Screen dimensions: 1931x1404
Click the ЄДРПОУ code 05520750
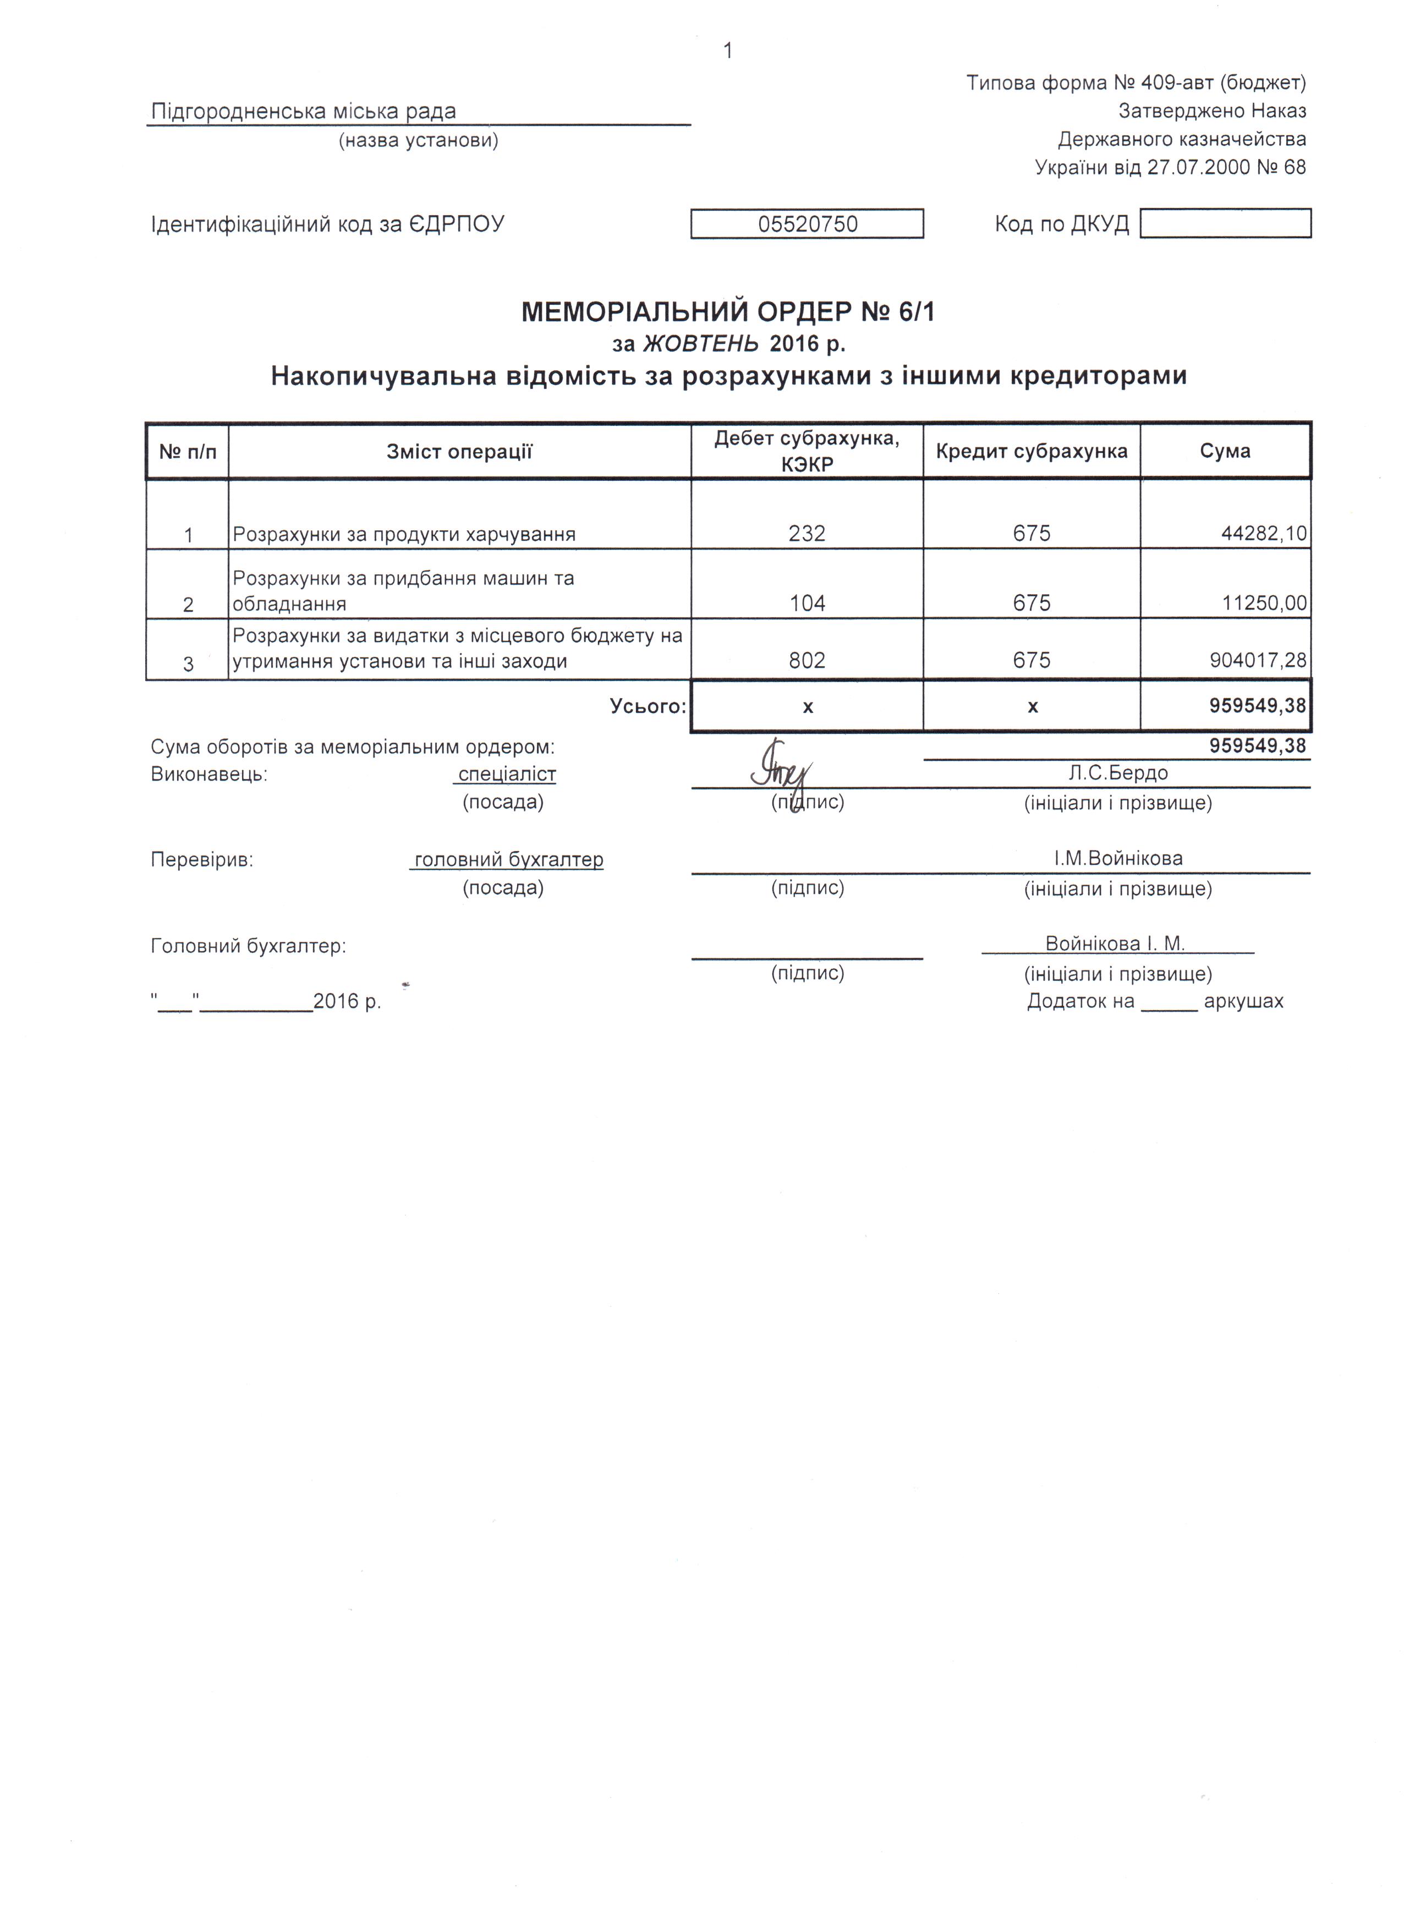tap(807, 224)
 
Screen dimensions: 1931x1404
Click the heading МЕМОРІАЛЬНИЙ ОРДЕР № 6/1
tap(727, 312)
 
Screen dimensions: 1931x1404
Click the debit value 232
tap(807, 534)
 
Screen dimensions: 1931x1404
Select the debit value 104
tap(807, 604)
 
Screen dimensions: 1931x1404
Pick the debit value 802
tap(807, 661)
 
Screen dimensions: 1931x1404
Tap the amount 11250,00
tap(1264, 604)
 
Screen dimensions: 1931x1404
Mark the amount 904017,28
tap(1258, 661)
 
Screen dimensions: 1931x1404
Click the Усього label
tap(647, 706)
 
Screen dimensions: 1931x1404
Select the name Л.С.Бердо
tap(1117, 773)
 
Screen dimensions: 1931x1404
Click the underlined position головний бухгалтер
tap(508, 860)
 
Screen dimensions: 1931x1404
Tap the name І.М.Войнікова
tap(1118, 858)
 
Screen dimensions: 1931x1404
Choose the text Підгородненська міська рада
tap(303, 112)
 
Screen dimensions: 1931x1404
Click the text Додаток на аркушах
tap(1155, 1001)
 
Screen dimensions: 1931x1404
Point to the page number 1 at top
tap(728, 51)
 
